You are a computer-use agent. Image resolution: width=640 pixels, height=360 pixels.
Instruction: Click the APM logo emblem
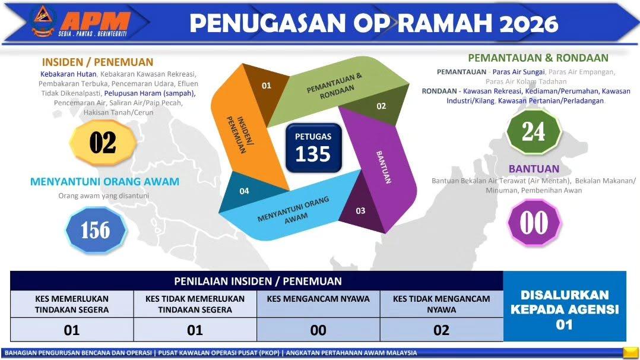[x=43, y=21]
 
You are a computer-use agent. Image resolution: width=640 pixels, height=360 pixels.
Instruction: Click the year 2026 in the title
[x=528, y=24]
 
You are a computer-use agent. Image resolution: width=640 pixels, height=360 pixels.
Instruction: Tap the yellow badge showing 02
[x=103, y=143]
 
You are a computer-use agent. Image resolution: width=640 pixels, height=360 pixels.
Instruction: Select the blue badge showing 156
[x=96, y=230]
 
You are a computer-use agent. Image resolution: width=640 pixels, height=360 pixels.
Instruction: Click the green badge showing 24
[x=534, y=131]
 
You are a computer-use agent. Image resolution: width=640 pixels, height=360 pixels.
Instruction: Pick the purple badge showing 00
[x=534, y=223]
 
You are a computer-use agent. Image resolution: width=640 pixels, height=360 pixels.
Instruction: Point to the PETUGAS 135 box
[x=313, y=147]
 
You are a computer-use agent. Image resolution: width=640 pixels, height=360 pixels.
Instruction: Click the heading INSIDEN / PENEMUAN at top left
[x=97, y=62]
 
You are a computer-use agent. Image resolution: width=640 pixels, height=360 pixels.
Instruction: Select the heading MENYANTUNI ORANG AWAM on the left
[x=105, y=181]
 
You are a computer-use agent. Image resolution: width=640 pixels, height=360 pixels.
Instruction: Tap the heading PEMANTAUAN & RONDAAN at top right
[x=538, y=58]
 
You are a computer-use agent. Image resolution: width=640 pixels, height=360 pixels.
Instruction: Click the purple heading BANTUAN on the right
[x=534, y=169]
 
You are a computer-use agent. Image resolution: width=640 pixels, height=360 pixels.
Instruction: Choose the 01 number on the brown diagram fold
[x=267, y=86]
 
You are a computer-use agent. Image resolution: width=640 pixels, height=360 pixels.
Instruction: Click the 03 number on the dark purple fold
[x=360, y=211]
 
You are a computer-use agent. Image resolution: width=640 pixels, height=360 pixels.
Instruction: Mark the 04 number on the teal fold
[x=244, y=191]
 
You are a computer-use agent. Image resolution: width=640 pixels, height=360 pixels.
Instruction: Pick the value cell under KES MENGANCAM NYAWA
[x=318, y=330]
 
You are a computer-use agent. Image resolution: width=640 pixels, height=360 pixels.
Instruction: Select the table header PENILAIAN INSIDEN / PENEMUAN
[x=258, y=281]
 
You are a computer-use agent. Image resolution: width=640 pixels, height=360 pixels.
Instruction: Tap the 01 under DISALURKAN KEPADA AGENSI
[x=564, y=325]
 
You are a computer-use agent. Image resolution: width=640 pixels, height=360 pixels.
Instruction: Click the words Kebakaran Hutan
[x=68, y=74]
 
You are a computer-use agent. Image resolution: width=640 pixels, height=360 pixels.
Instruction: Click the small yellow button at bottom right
[x=630, y=352]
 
